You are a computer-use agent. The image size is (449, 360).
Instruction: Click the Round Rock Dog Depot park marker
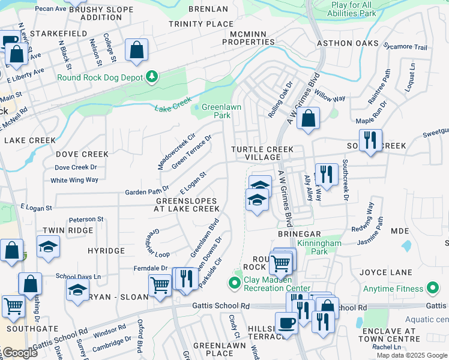(x=152, y=77)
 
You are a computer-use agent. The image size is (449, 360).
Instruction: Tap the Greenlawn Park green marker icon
(x=197, y=108)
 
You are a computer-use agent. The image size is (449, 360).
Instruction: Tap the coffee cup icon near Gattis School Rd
(x=286, y=322)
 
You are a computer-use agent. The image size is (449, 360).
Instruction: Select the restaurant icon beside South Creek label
(x=370, y=140)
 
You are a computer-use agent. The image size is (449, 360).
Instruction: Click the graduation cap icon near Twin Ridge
(x=48, y=247)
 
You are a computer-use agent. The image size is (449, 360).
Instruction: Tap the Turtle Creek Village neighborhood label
(x=263, y=153)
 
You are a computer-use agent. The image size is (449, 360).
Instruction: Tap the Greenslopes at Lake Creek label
(x=186, y=205)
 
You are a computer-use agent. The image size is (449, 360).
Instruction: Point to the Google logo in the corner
(x=19, y=353)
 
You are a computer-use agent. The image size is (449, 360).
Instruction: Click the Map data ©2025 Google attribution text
(x=412, y=355)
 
